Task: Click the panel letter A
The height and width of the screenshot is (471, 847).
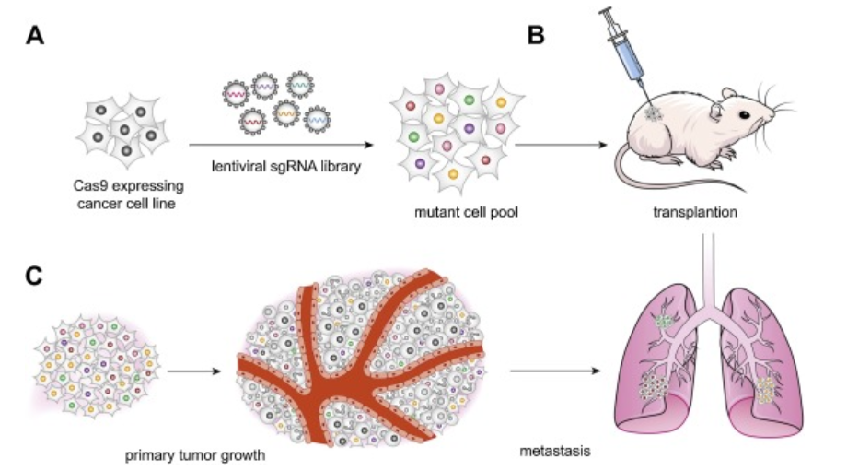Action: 35,36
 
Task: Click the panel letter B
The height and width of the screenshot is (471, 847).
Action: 537,36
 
